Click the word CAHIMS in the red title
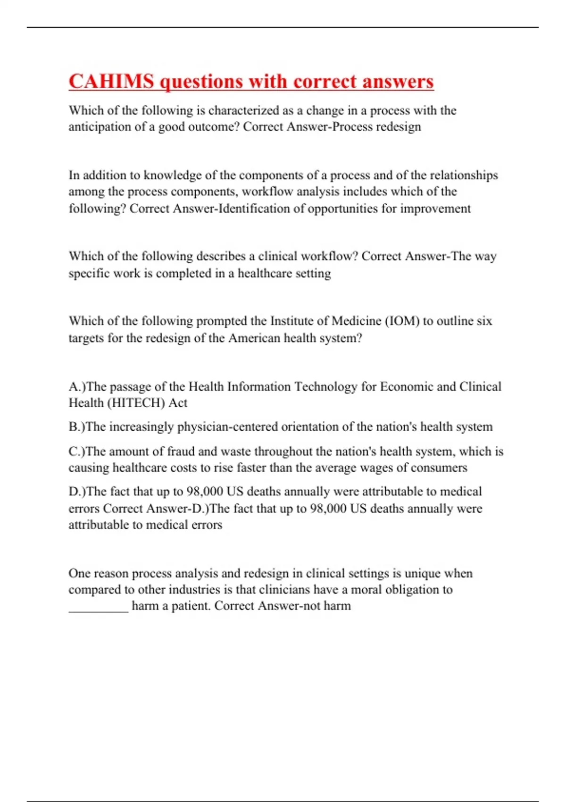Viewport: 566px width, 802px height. (111, 81)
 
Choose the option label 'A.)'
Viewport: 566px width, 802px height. (77, 387)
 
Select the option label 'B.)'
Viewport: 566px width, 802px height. (77, 427)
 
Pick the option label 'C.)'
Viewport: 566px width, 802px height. (77, 451)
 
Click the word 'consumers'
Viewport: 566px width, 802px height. (439, 468)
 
